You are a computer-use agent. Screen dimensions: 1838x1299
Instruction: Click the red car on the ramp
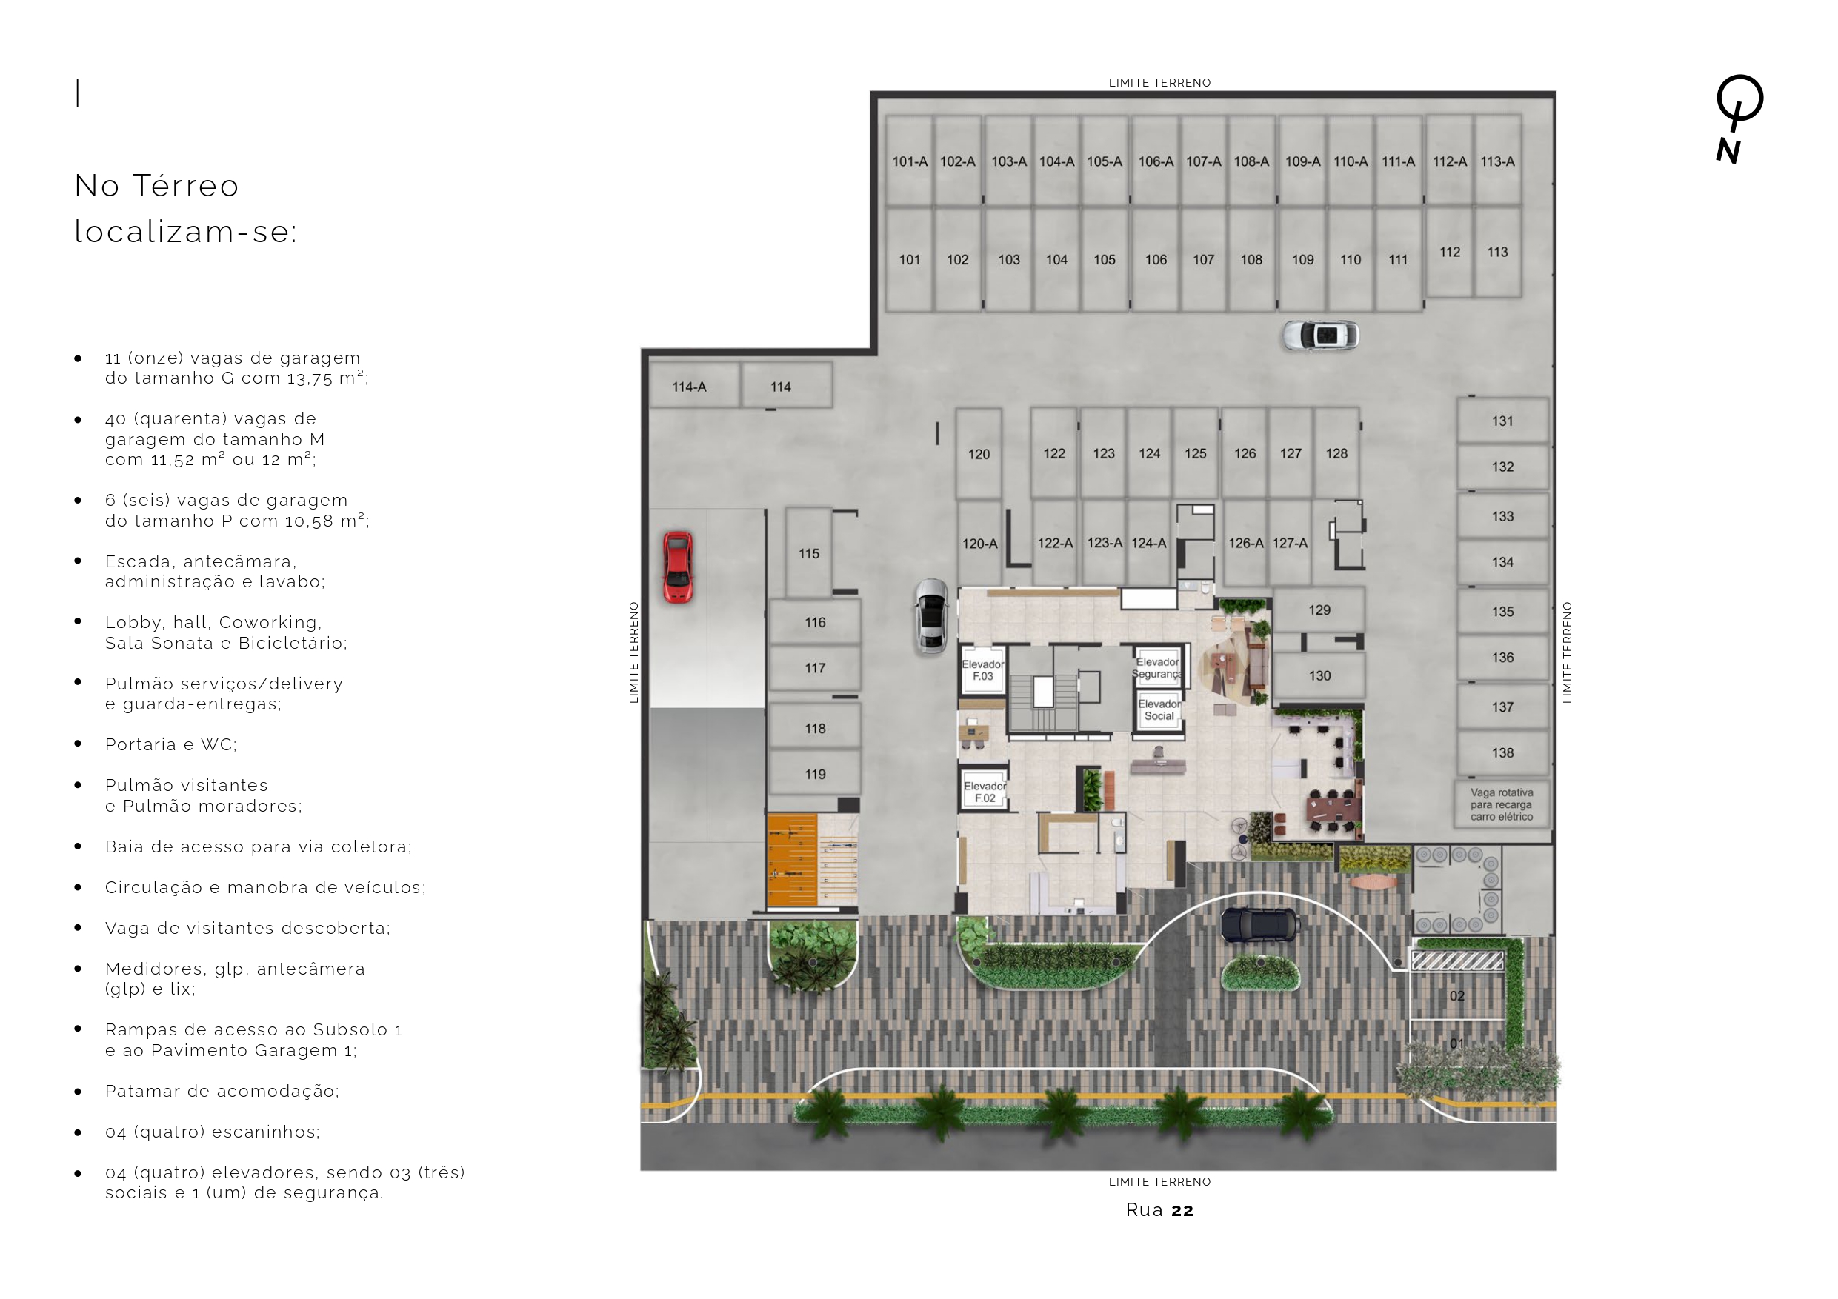(677, 567)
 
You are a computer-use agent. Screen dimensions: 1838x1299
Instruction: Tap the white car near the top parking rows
(1320, 335)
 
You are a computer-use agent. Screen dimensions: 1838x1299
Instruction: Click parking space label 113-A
(1497, 161)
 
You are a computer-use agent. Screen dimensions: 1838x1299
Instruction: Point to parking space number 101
(910, 259)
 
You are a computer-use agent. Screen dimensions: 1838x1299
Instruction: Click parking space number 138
(1502, 753)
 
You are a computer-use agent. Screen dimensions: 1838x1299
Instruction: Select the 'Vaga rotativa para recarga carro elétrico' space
(1502, 804)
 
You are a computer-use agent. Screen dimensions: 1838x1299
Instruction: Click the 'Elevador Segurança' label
(1158, 667)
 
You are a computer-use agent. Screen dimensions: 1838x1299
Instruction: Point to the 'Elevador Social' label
(1159, 710)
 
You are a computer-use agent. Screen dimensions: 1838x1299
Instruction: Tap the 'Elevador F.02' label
(985, 792)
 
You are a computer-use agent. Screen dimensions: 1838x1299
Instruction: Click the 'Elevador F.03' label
(983, 670)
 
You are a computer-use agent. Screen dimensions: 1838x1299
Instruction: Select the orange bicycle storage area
(792, 861)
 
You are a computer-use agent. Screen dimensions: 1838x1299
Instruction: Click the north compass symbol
(1737, 118)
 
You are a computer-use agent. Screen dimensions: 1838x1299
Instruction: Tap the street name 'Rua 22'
(1159, 1209)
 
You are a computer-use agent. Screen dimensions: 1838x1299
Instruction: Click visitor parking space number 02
(1457, 995)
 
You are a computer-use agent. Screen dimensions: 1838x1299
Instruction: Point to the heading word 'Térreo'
(186, 186)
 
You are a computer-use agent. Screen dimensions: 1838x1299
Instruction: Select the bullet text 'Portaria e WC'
(171, 744)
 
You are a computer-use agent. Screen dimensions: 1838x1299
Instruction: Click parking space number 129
(1319, 610)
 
